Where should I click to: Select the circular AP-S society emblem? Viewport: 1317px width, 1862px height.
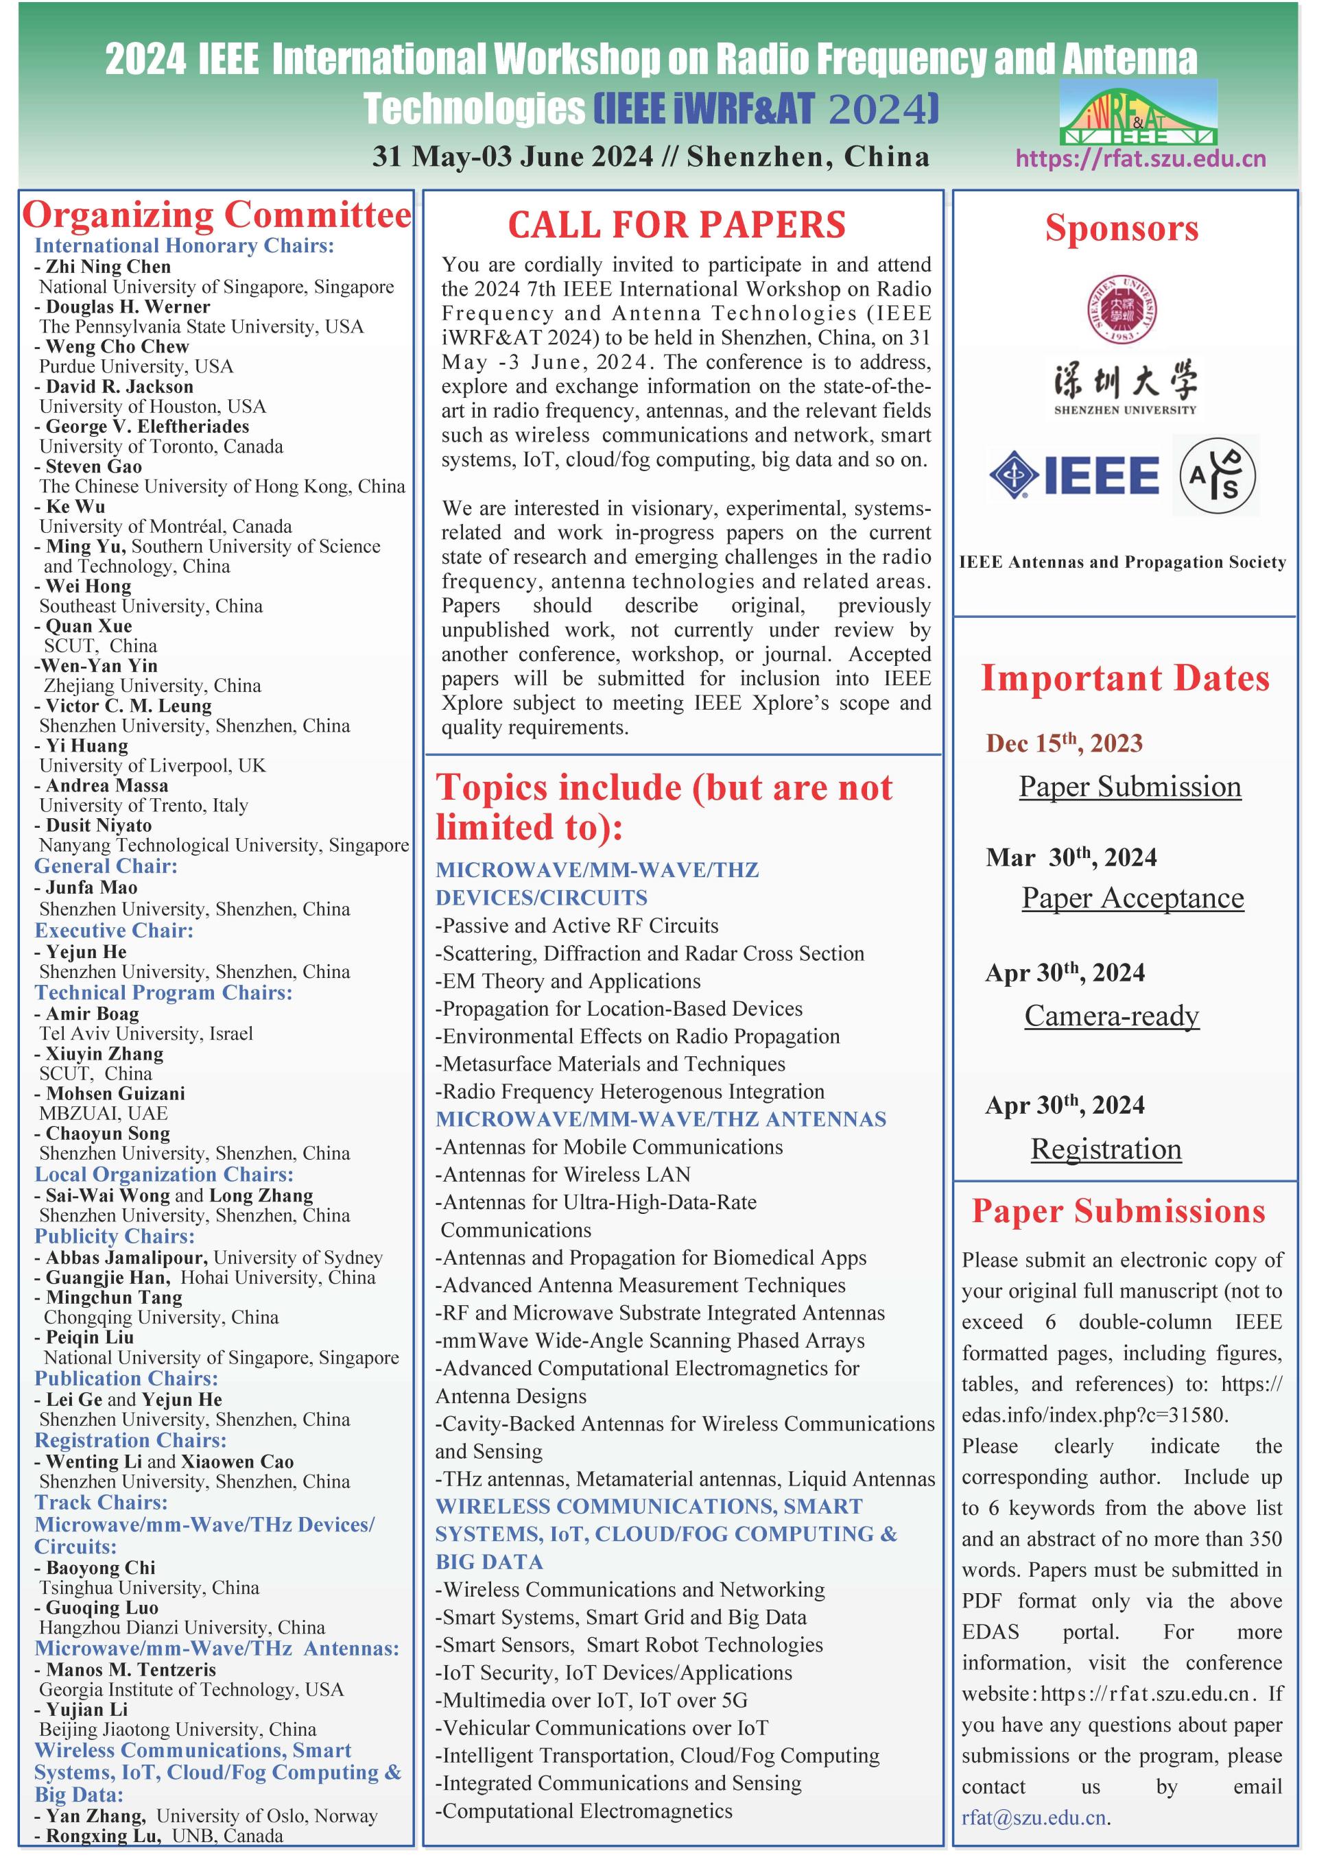[1216, 476]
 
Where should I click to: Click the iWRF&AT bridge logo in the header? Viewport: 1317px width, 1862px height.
[1138, 112]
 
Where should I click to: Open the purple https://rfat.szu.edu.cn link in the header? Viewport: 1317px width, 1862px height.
[1140, 158]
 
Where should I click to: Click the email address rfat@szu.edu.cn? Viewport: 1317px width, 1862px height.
[1034, 1817]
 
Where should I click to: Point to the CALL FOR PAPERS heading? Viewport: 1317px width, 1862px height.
[676, 225]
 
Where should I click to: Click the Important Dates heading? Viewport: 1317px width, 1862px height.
[1125, 678]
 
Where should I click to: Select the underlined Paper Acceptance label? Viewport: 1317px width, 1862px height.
[1132, 898]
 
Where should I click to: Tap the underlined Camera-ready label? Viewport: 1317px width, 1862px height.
[1111, 1015]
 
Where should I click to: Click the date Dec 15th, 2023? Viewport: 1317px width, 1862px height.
[1064, 743]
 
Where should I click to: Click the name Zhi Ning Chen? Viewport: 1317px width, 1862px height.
[108, 267]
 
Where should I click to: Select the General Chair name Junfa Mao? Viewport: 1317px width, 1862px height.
[92, 887]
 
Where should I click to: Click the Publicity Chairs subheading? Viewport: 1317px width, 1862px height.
[115, 1236]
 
